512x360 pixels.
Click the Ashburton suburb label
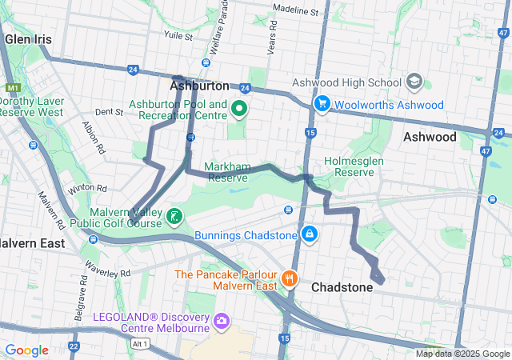click(199, 85)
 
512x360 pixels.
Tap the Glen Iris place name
click(29, 38)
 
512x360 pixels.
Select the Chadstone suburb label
click(342, 287)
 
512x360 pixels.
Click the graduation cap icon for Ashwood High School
click(414, 82)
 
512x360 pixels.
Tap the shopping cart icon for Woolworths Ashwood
click(322, 104)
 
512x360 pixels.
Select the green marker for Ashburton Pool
click(238, 109)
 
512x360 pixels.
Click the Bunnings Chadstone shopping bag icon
click(308, 234)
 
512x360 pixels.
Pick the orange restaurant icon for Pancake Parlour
click(289, 279)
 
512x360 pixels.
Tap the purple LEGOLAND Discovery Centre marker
click(221, 322)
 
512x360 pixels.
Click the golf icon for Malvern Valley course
click(174, 217)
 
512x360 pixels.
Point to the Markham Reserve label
click(227, 171)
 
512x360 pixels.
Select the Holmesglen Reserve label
click(356, 166)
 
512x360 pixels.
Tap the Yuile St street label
click(178, 37)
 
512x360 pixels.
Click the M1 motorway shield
click(11, 88)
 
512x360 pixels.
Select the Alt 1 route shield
click(141, 344)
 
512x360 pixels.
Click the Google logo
click(27, 350)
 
